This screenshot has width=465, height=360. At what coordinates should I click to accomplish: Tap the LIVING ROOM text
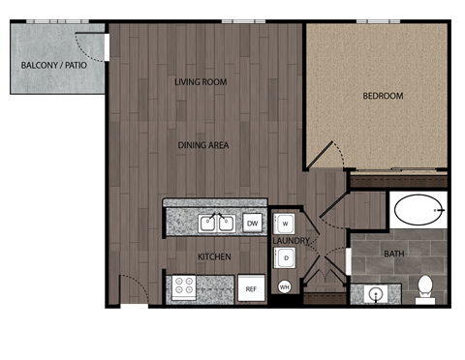click(x=201, y=82)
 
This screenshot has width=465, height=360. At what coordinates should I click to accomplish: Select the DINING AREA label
click(x=202, y=145)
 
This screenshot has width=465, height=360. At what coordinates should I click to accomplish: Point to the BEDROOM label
click(x=383, y=96)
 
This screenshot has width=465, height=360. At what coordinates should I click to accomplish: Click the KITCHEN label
click(x=214, y=256)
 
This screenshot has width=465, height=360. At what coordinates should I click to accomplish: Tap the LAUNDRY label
click(x=290, y=240)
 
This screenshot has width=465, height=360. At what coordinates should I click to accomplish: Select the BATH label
click(x=394, y=255)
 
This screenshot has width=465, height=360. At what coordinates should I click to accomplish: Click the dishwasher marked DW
click(x=253, y=224)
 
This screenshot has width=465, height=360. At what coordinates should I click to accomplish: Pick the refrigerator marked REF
click(x=251, y=288)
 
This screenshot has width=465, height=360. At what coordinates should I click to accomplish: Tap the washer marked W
click(x=286, y=225)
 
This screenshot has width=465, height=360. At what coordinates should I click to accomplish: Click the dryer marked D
click(x=286, y=257)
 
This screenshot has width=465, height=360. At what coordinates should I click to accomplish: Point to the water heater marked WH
click(x=285, y=286)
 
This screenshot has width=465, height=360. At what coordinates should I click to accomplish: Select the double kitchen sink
click(x=217, y=224)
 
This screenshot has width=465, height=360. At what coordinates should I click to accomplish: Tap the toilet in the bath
click(x=424, y=287)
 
